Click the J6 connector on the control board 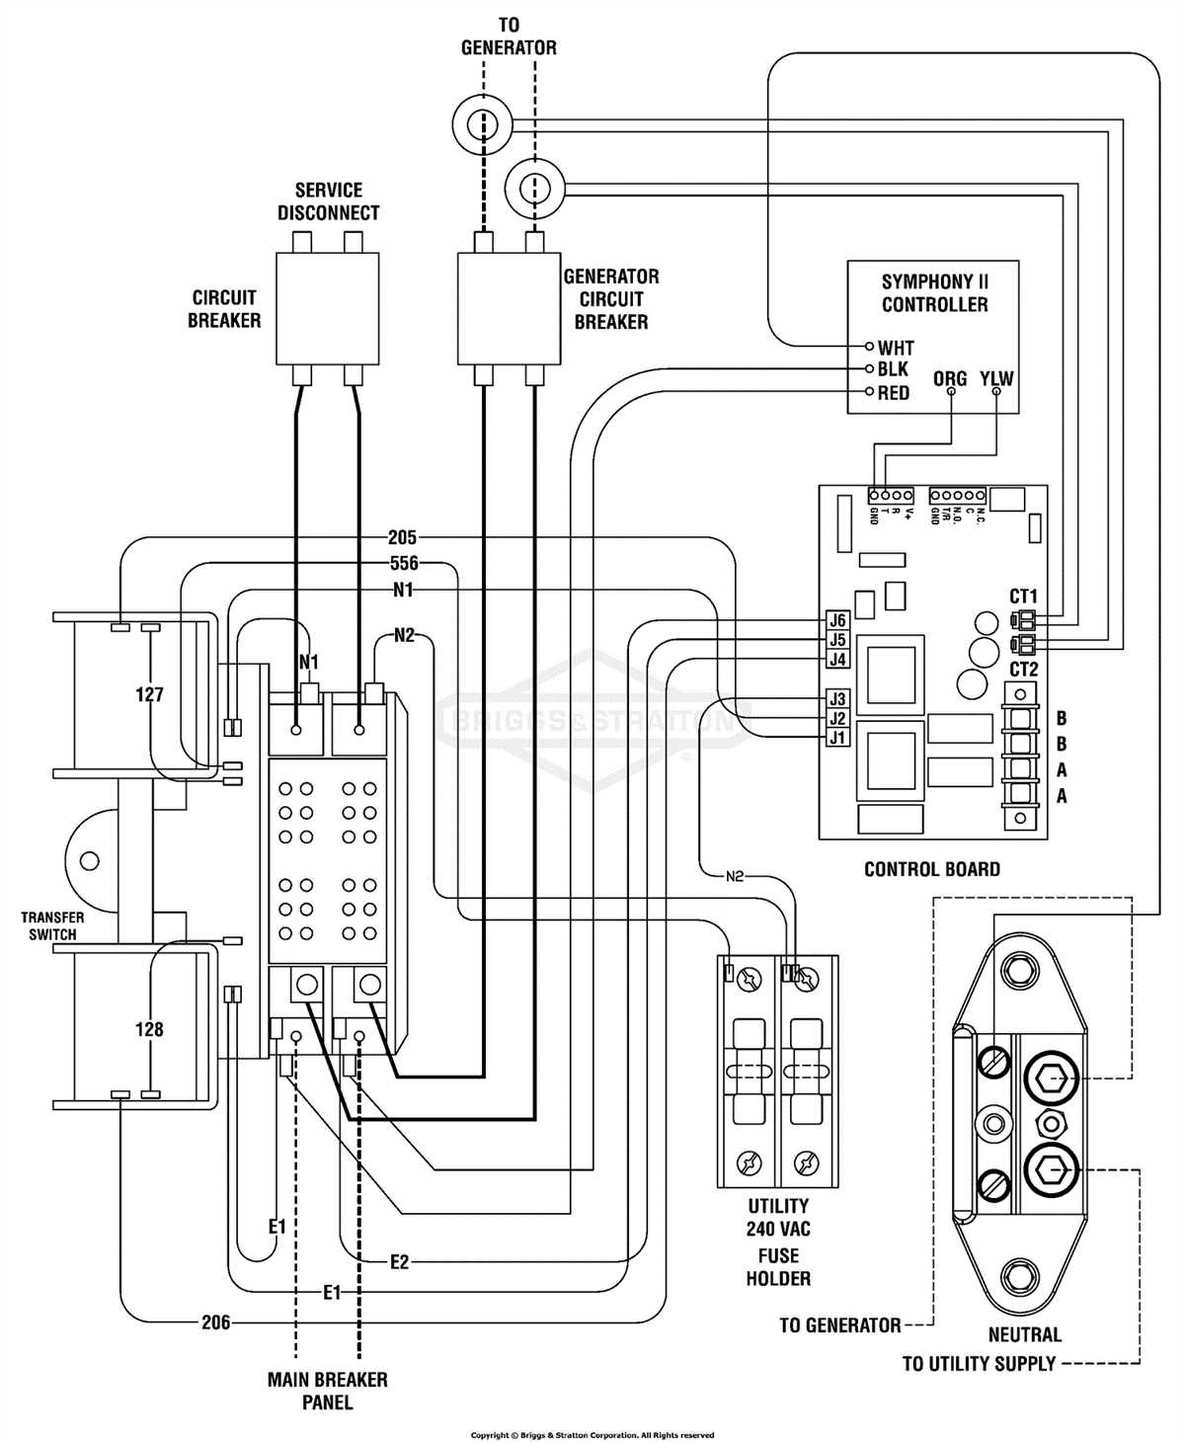(837, 620)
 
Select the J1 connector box (837, 738)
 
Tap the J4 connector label (837, 659)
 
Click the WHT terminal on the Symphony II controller (895, 348)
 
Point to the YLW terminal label (996, 378)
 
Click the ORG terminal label (950, 378)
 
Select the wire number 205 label (402, 538)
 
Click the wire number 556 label (404, 564)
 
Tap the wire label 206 (215, 1322)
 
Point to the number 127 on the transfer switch (149, 694)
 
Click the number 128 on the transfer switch (149, 1029)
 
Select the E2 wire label (399, 1261)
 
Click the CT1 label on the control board (1023, 597)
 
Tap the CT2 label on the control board (1023, 670)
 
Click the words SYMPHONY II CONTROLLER (934, 293)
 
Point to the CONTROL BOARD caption (931, 869)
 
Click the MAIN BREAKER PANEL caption (327, 1391)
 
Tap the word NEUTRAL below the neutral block (1024, 1334)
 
